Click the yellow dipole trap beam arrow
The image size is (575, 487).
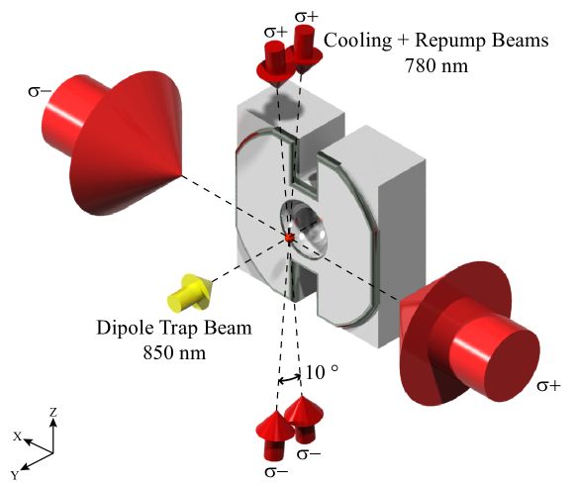[190, 292]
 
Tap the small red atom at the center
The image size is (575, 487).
[289, 238]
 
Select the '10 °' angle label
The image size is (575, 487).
[322, 372]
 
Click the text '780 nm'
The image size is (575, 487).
[436, 66]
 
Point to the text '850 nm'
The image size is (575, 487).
[174, 352]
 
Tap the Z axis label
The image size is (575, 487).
[53, 412]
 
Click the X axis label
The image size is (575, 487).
[18, 437]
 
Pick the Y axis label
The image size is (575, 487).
[15, 476]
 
